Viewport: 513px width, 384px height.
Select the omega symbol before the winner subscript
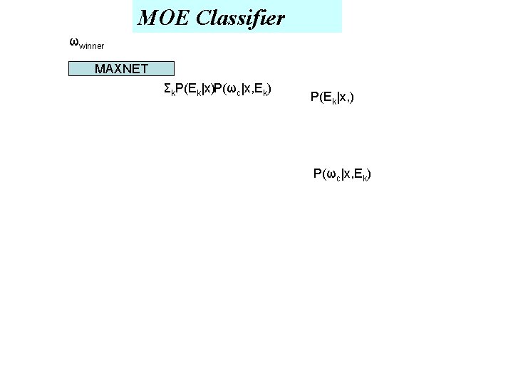[73, 41]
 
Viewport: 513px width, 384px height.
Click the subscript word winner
[91, 46]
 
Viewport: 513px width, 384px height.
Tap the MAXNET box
[121, 69]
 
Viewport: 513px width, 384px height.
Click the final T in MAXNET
[144, 69]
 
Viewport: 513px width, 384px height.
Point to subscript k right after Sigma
[172, 92]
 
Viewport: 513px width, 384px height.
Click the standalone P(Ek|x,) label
[333, 97]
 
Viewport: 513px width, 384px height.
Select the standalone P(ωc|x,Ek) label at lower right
[342, 174]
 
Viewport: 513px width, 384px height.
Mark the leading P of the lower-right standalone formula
[317, 174]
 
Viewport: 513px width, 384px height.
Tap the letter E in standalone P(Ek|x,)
[326, 97]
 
